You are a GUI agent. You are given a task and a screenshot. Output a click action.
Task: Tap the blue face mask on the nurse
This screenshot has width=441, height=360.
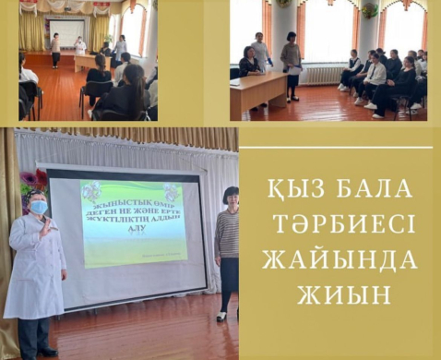pos(38,208)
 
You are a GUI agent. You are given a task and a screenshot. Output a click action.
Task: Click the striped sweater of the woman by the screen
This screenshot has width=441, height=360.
pos(226,234)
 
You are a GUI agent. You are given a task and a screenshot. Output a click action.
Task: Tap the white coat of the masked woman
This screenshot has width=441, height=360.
pos(34,268)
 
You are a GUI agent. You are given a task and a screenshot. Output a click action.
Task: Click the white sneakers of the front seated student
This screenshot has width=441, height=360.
pos(371,105)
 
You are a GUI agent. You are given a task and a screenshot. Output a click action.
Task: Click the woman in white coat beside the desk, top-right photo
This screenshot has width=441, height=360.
pos(262,55)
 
